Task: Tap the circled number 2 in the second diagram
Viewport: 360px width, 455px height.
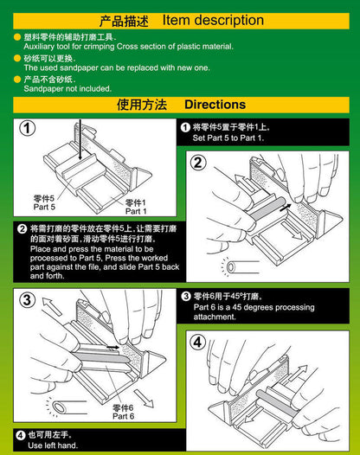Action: pyautogui.click(x=197, y=162)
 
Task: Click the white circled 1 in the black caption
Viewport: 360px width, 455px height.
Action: pyautogui.click(x=185, y=127)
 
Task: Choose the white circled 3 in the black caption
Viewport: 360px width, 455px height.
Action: pyautogui.click(x=185, y=296)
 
